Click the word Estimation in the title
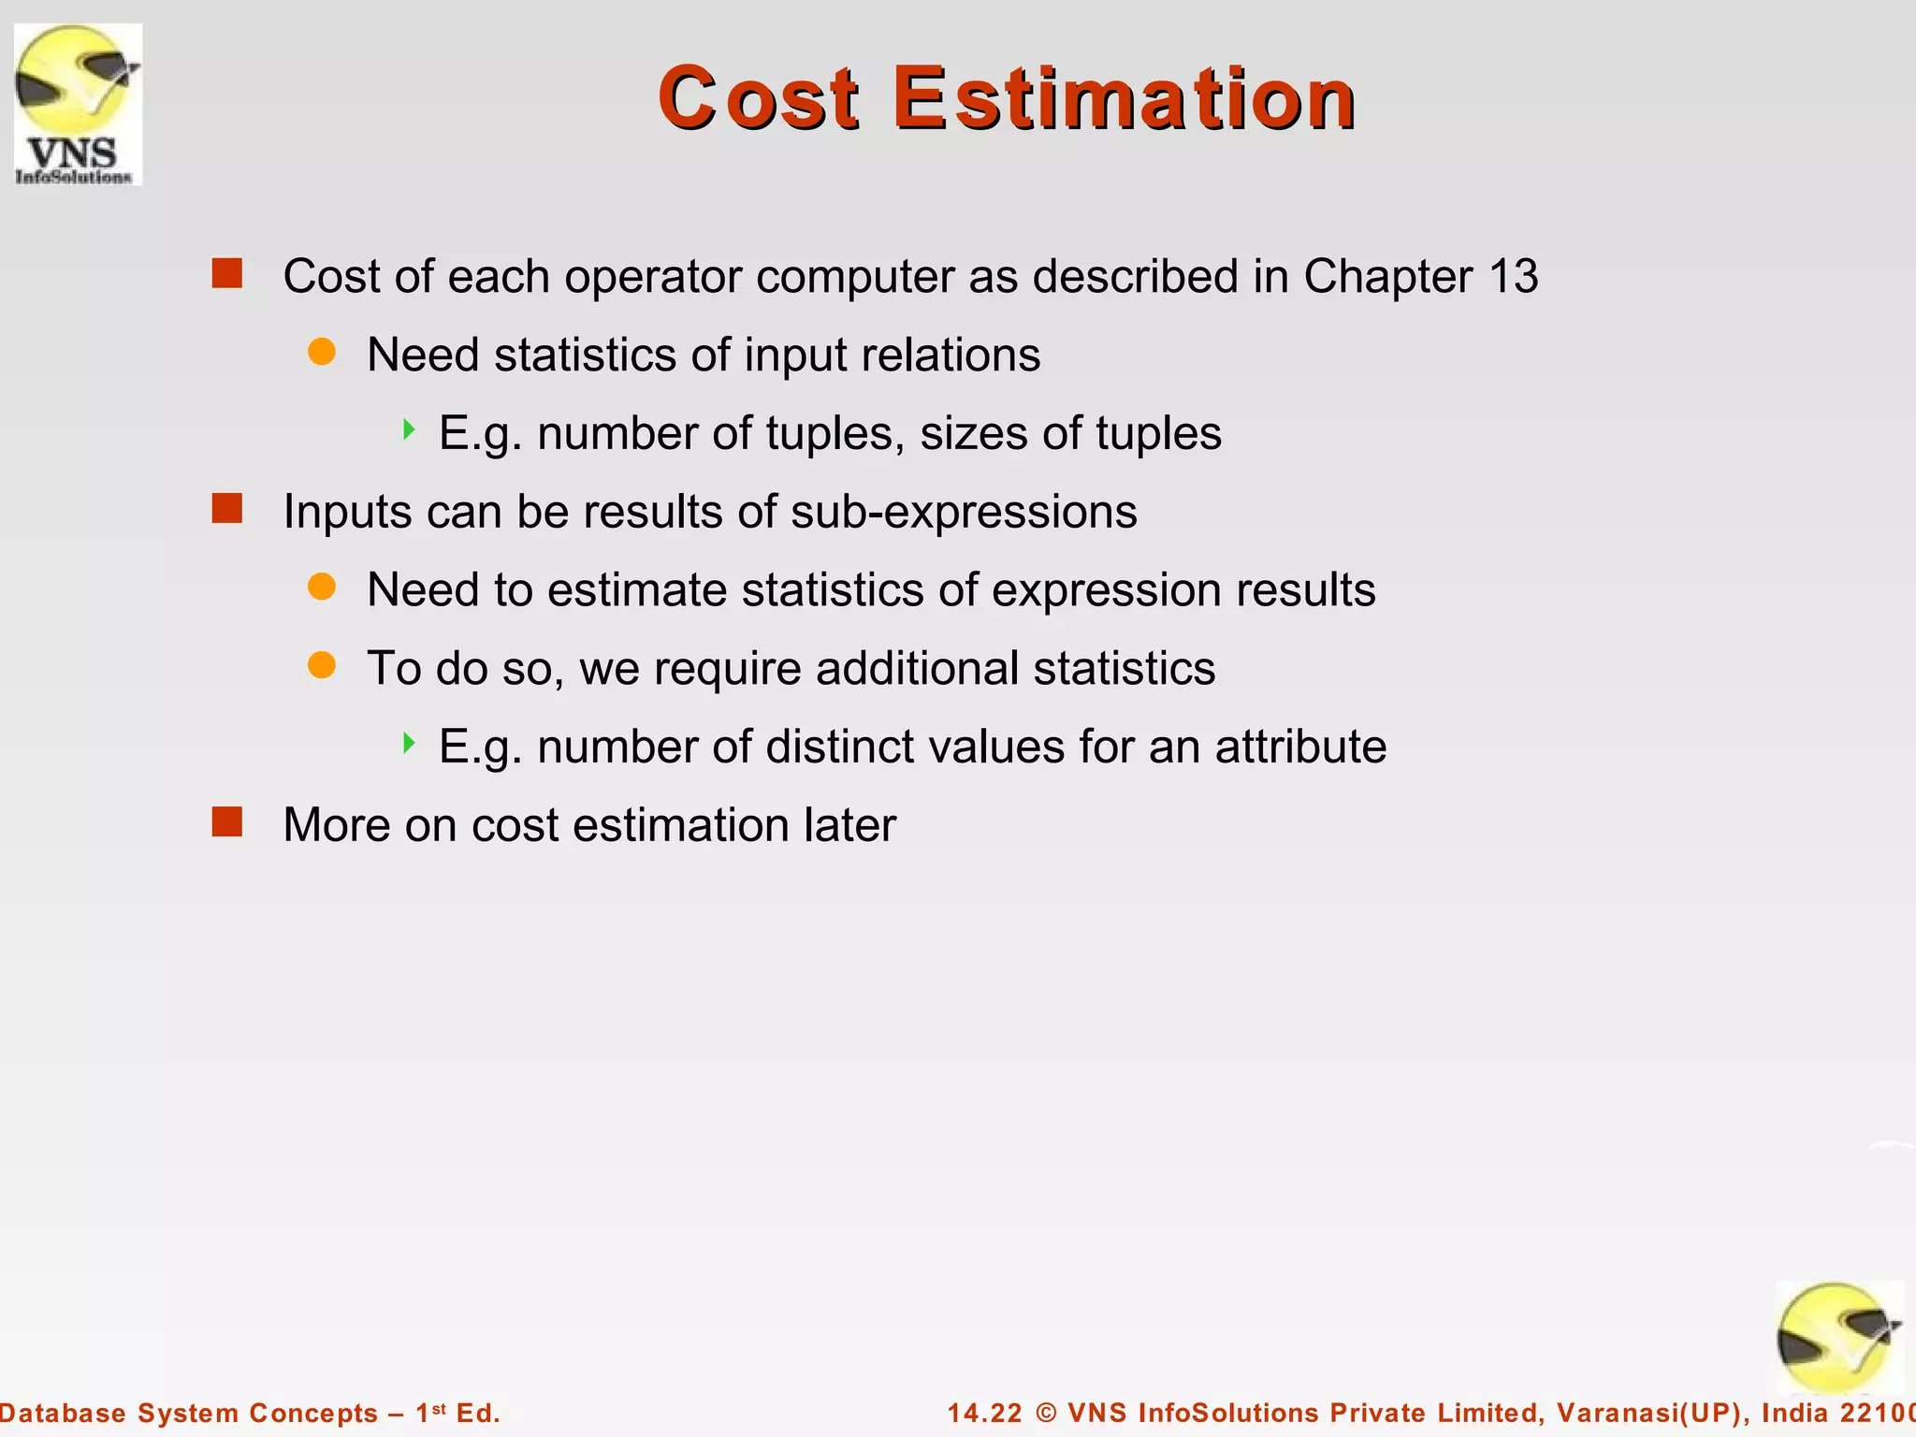click(1124, 98)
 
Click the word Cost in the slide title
click(758, 98)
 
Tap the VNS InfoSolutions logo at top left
click(78, 104)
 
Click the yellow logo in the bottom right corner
click(1838, 1338)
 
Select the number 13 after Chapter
click(1513, 277)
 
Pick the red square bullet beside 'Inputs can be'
click(227, 509)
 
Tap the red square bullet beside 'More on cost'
click(227, 822)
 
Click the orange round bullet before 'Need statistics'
click(322, 352)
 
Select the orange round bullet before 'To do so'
click(322, 665)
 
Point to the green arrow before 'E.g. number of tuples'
click(408, 430)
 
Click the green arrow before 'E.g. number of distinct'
click(408, 744)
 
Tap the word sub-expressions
click(963, 513)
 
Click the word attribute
click(1300, 748)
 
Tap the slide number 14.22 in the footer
click(984, 1413)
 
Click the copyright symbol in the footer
click(1046, 1413)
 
